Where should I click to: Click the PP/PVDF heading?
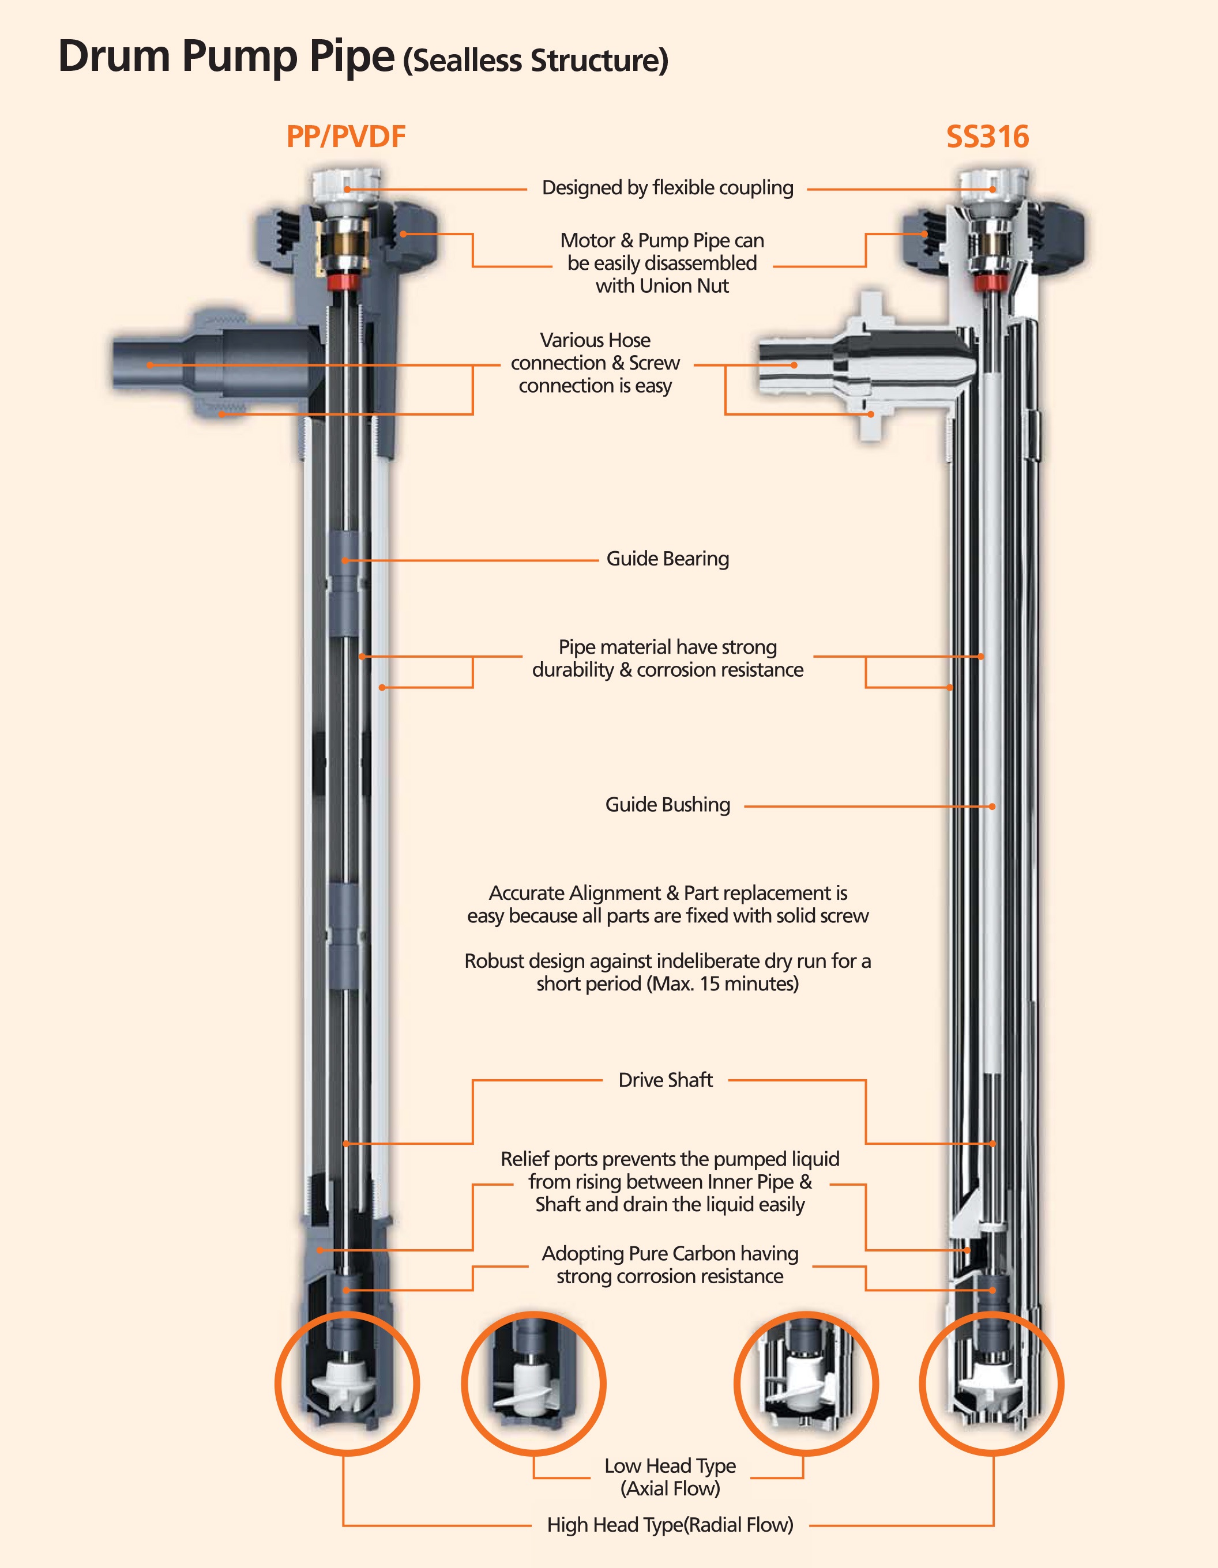coord(345,137)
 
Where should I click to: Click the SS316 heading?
coord(987,137)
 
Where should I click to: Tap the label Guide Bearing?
coord(667,559)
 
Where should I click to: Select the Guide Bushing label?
coord(667,805)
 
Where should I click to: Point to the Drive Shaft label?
coord(665,1080)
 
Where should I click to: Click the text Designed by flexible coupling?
coord(667,188)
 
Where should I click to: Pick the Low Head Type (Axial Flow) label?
coord(670,1477)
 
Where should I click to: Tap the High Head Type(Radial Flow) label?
coord(670,1525)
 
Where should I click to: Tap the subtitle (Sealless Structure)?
coord(535,61)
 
